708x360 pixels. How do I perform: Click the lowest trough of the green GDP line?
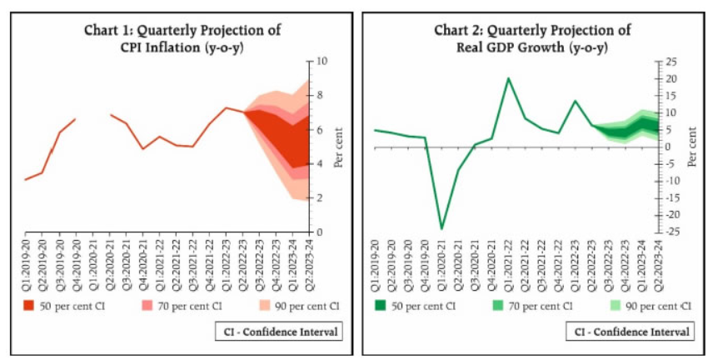tap(441, 228)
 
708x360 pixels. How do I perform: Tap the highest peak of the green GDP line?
tap(508, 78)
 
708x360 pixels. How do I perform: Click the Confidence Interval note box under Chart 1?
tap(279, 332)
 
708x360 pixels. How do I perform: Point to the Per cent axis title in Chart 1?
tap(338, 147)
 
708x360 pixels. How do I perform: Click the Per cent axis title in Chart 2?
tap(691, 147)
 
